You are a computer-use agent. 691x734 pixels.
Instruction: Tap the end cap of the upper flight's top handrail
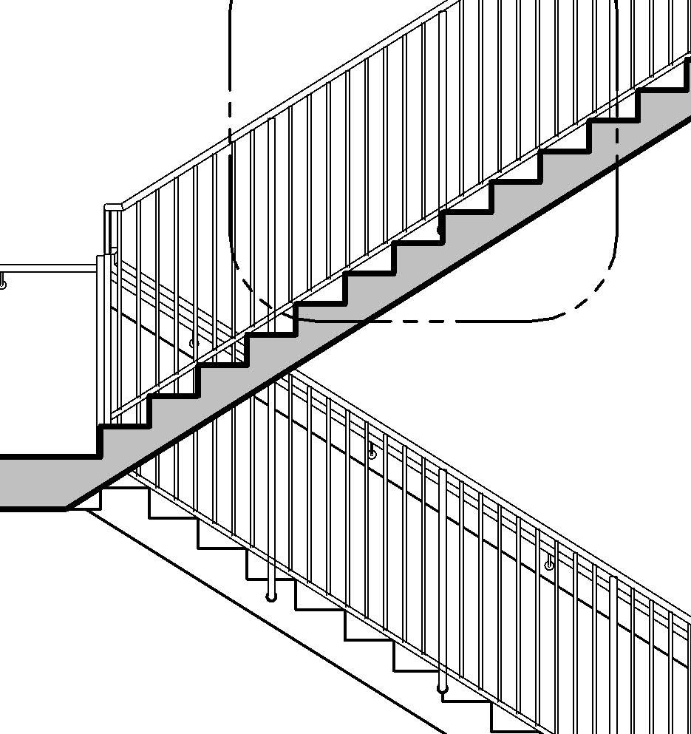112,208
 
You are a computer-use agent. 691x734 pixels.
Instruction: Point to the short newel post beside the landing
104,333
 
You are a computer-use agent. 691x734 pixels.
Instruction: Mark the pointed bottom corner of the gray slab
68,508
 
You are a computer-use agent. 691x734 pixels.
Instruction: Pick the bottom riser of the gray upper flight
101,441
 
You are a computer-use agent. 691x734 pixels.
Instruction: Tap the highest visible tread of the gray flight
661,89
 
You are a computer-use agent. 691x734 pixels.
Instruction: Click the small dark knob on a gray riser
441,230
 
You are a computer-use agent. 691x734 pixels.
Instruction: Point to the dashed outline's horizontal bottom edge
458,322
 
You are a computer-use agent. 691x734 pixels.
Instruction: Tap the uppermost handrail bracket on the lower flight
194,342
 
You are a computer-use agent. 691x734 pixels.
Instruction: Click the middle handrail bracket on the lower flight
372,453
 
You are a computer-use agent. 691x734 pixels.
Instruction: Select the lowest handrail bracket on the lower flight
549,564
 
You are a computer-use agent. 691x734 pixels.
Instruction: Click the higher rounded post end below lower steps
272,596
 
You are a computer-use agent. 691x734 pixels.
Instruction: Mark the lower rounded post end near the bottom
443,689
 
